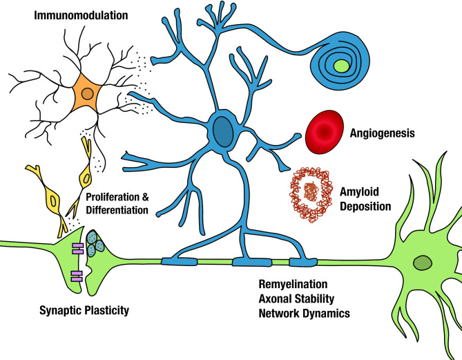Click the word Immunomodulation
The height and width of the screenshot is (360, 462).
pyautogui.click(x=81, y=15)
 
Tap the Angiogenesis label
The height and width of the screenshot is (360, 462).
pyautogui.click(x=382, y=133)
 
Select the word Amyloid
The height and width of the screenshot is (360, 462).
pyautogui.click(x=359, y=192)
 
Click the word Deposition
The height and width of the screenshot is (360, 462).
pyautogui.click(x=365, y=207)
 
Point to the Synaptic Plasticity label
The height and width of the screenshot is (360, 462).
pyautogui.click(x=84, y=310)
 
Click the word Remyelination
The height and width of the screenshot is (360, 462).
pyautogui.click(x=293, y=284)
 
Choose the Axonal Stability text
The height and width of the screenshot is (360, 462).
pyautogui.click(x=296, y=299)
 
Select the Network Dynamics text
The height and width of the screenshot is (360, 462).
pyautogui.click(x=305, y=313)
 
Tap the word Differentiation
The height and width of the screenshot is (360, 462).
pyautogui.click(x=117, y=210)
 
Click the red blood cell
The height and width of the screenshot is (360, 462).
pyautogui.click(x=325, y=132)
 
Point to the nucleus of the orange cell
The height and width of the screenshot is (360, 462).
pyautogui.click(x=87, y=94)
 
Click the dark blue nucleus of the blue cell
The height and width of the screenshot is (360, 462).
pyautogui.click(x=223, y=132)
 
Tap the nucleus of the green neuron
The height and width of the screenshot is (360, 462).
pyautogui.click(x=423, y=263)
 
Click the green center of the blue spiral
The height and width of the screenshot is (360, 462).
pyautogui.click(x=341, y=66)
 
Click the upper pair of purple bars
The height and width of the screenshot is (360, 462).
pyautogui.click(x=78, y=249)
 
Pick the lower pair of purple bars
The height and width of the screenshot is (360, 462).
pyautogui.click(x=77, y=276)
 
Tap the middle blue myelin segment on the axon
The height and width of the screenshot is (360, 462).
pyautogui.click(x=252, y=262)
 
